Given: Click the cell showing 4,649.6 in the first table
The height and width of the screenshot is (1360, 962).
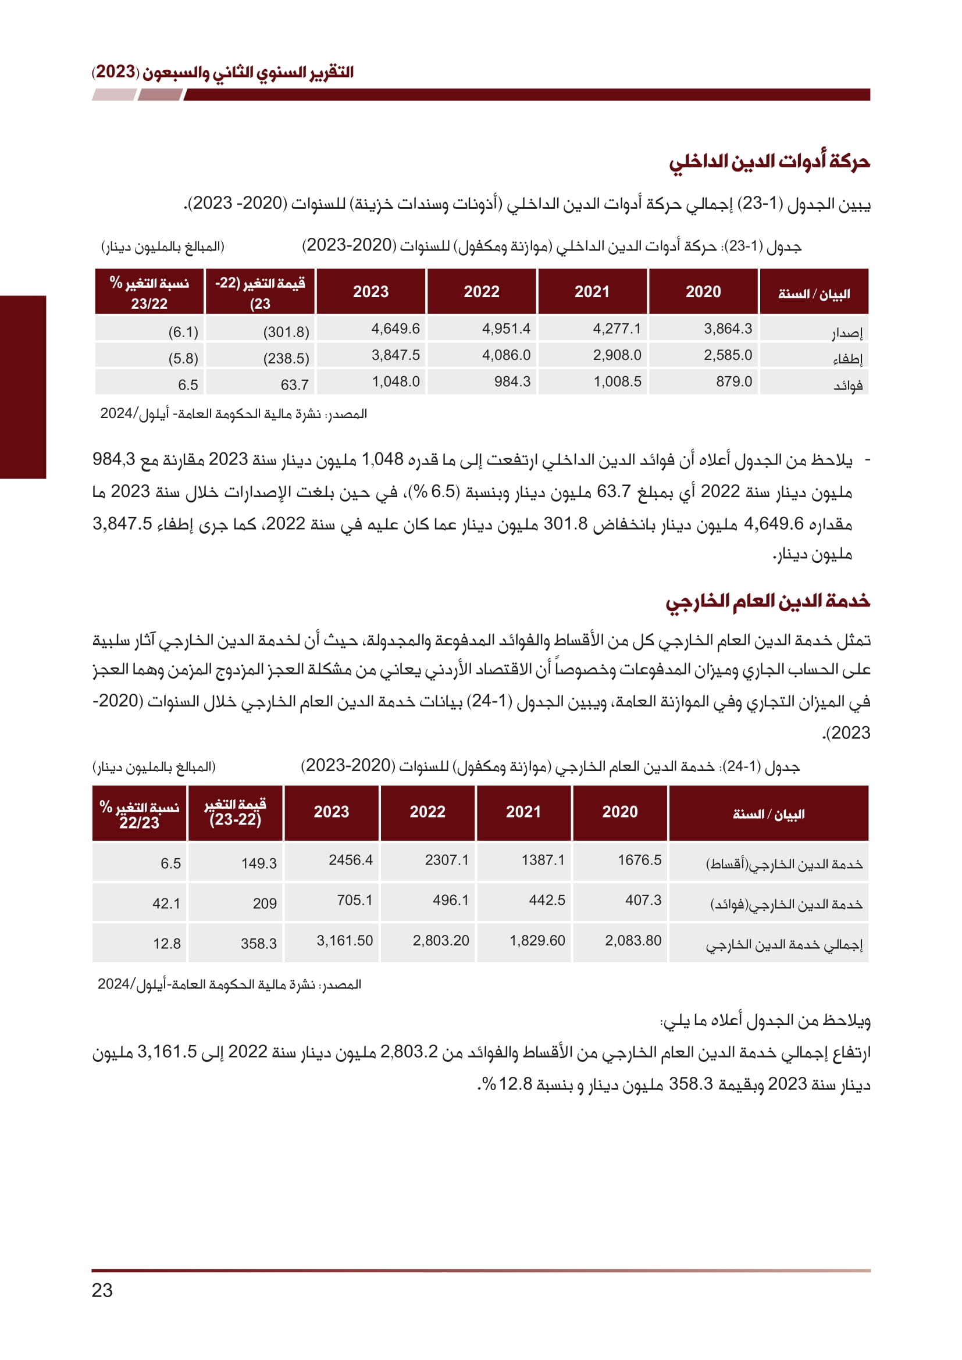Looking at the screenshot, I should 395,329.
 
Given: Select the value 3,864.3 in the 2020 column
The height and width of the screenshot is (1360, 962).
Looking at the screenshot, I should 728,329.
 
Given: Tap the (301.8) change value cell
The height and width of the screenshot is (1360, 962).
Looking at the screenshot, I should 286,331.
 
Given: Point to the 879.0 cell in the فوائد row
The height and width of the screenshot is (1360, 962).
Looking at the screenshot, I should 734,381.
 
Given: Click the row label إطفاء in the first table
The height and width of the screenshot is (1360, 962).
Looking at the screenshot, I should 847,358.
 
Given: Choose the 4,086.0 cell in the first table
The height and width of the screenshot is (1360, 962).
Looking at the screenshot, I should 506,355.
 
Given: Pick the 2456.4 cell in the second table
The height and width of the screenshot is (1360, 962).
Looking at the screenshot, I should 351,860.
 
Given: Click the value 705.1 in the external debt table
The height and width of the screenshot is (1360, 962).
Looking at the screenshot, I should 355,900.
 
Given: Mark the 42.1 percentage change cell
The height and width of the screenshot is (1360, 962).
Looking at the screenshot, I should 166,904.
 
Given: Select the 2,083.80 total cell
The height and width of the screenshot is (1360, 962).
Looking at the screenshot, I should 633,941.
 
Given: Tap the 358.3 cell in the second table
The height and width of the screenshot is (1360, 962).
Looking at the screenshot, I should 258,944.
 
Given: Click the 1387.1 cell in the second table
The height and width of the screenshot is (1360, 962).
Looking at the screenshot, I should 543,860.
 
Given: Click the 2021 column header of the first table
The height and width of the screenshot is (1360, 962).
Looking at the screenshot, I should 592,291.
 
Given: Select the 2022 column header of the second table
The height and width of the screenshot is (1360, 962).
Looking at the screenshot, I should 427,812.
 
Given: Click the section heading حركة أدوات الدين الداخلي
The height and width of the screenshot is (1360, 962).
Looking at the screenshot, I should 769,162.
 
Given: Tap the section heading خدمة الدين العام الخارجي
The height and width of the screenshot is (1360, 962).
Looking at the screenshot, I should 768,601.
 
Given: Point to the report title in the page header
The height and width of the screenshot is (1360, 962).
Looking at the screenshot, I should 223,72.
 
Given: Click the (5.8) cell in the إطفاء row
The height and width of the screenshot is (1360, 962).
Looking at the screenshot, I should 183,358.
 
